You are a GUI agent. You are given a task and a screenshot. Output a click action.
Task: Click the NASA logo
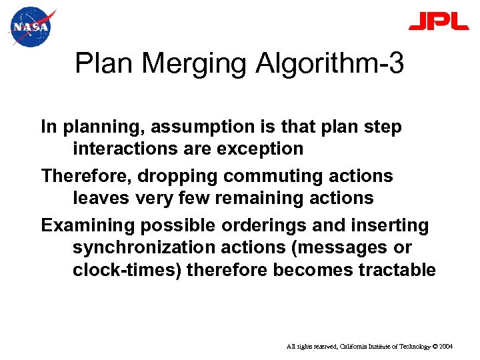30,27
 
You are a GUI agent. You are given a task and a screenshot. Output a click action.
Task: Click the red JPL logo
439,22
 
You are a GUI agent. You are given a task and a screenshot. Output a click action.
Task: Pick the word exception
260,148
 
